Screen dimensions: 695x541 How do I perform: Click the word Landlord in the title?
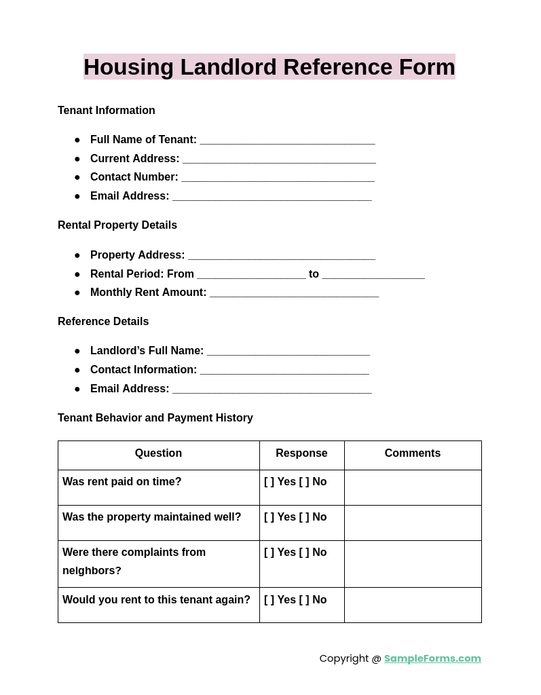pos(228,67)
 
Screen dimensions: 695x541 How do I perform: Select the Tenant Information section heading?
pos(107,111)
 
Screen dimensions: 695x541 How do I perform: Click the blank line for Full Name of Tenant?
pos(287,140)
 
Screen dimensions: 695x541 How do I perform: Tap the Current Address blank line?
pos(279,159)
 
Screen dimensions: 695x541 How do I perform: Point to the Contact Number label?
pos(134,177)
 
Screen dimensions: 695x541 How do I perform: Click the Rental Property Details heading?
pos(117,225)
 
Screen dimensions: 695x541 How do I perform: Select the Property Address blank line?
pos(282,256)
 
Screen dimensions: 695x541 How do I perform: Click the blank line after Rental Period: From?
pos(251,275)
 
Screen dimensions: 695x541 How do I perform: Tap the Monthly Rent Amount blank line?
pos(294,293)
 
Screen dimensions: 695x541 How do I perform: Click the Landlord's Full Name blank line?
pos(288,352)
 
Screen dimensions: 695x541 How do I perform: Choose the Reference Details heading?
pos(103,322)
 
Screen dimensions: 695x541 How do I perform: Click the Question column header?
pos(158,453)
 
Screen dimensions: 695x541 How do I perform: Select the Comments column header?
pos(413,453)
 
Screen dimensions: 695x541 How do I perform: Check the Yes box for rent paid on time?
pos(269,482)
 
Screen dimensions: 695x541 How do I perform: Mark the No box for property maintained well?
pos(304,517)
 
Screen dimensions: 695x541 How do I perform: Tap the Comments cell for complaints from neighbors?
pos(413,563)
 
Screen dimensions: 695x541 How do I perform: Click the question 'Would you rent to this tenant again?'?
pos(156,600)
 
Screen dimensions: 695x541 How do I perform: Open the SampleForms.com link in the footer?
pos(432,658)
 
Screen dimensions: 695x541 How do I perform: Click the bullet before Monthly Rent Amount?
pos(77,293)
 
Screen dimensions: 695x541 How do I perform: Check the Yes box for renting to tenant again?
pos(269,600)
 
